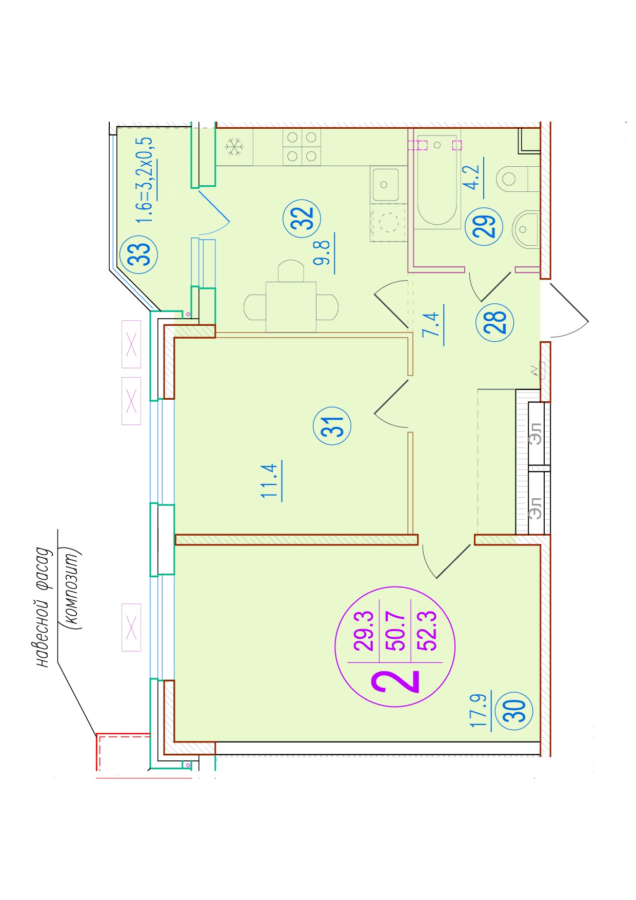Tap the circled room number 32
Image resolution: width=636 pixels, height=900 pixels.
click(x=302, y=218)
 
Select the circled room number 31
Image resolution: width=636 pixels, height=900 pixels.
click(x=332, y=425)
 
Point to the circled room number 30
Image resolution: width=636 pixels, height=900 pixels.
click(x=514, y=711)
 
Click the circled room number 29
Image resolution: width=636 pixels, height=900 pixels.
click(x=484, y=226)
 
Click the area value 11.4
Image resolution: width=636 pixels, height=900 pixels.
click(x=270, y=481)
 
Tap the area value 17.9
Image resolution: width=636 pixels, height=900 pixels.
click(x=479, y=710)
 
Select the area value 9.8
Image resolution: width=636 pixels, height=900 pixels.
click(x=323, y=252)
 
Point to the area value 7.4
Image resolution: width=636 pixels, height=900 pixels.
click(x=431, y=325)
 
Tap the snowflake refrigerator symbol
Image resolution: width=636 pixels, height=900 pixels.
click(x=234, y=147)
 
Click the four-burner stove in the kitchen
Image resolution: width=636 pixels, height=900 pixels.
click(x=302, y=147)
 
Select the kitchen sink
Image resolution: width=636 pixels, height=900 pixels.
click(x=385, y=185)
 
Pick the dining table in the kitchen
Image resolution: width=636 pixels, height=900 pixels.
click(x=291, y=307)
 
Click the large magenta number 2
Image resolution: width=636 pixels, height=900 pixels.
click(x=396, y=681)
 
